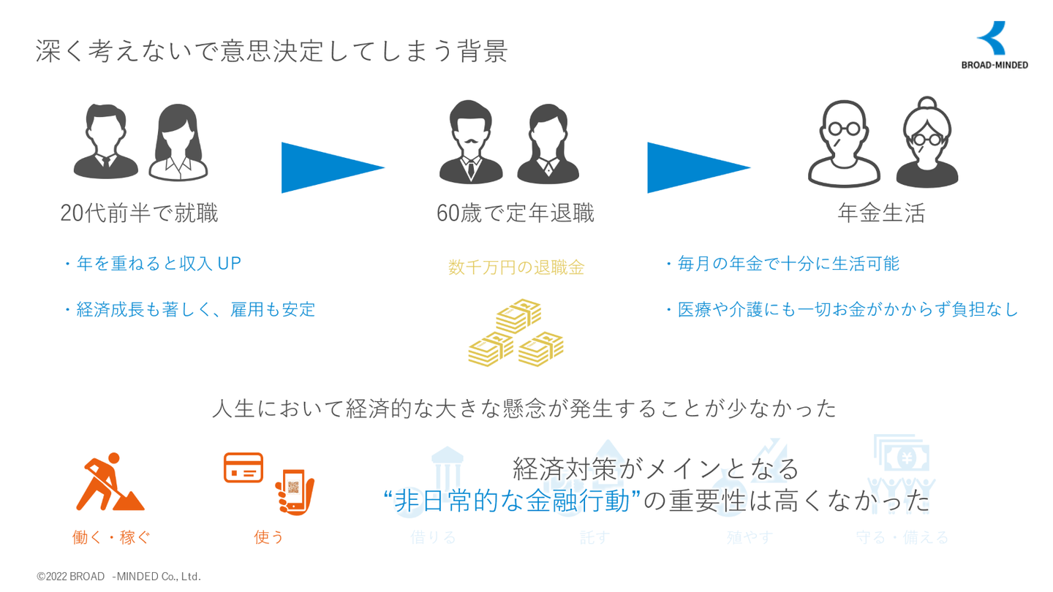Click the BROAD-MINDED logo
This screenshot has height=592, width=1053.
994,45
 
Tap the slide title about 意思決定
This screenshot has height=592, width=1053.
271,51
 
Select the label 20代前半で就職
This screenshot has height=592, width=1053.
139,213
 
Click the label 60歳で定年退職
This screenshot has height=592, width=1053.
515,213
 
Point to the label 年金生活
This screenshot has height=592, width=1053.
881,213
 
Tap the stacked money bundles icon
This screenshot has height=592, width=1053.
516,333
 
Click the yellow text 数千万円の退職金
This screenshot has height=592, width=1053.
516,267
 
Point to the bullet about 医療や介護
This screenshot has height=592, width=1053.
841,309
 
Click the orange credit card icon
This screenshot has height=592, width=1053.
244,468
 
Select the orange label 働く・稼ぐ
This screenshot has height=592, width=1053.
111,537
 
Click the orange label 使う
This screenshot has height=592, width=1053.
269,537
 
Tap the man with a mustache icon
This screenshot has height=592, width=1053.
470,142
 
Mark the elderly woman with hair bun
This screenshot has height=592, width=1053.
927,143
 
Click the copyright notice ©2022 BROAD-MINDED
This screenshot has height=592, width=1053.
118,577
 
